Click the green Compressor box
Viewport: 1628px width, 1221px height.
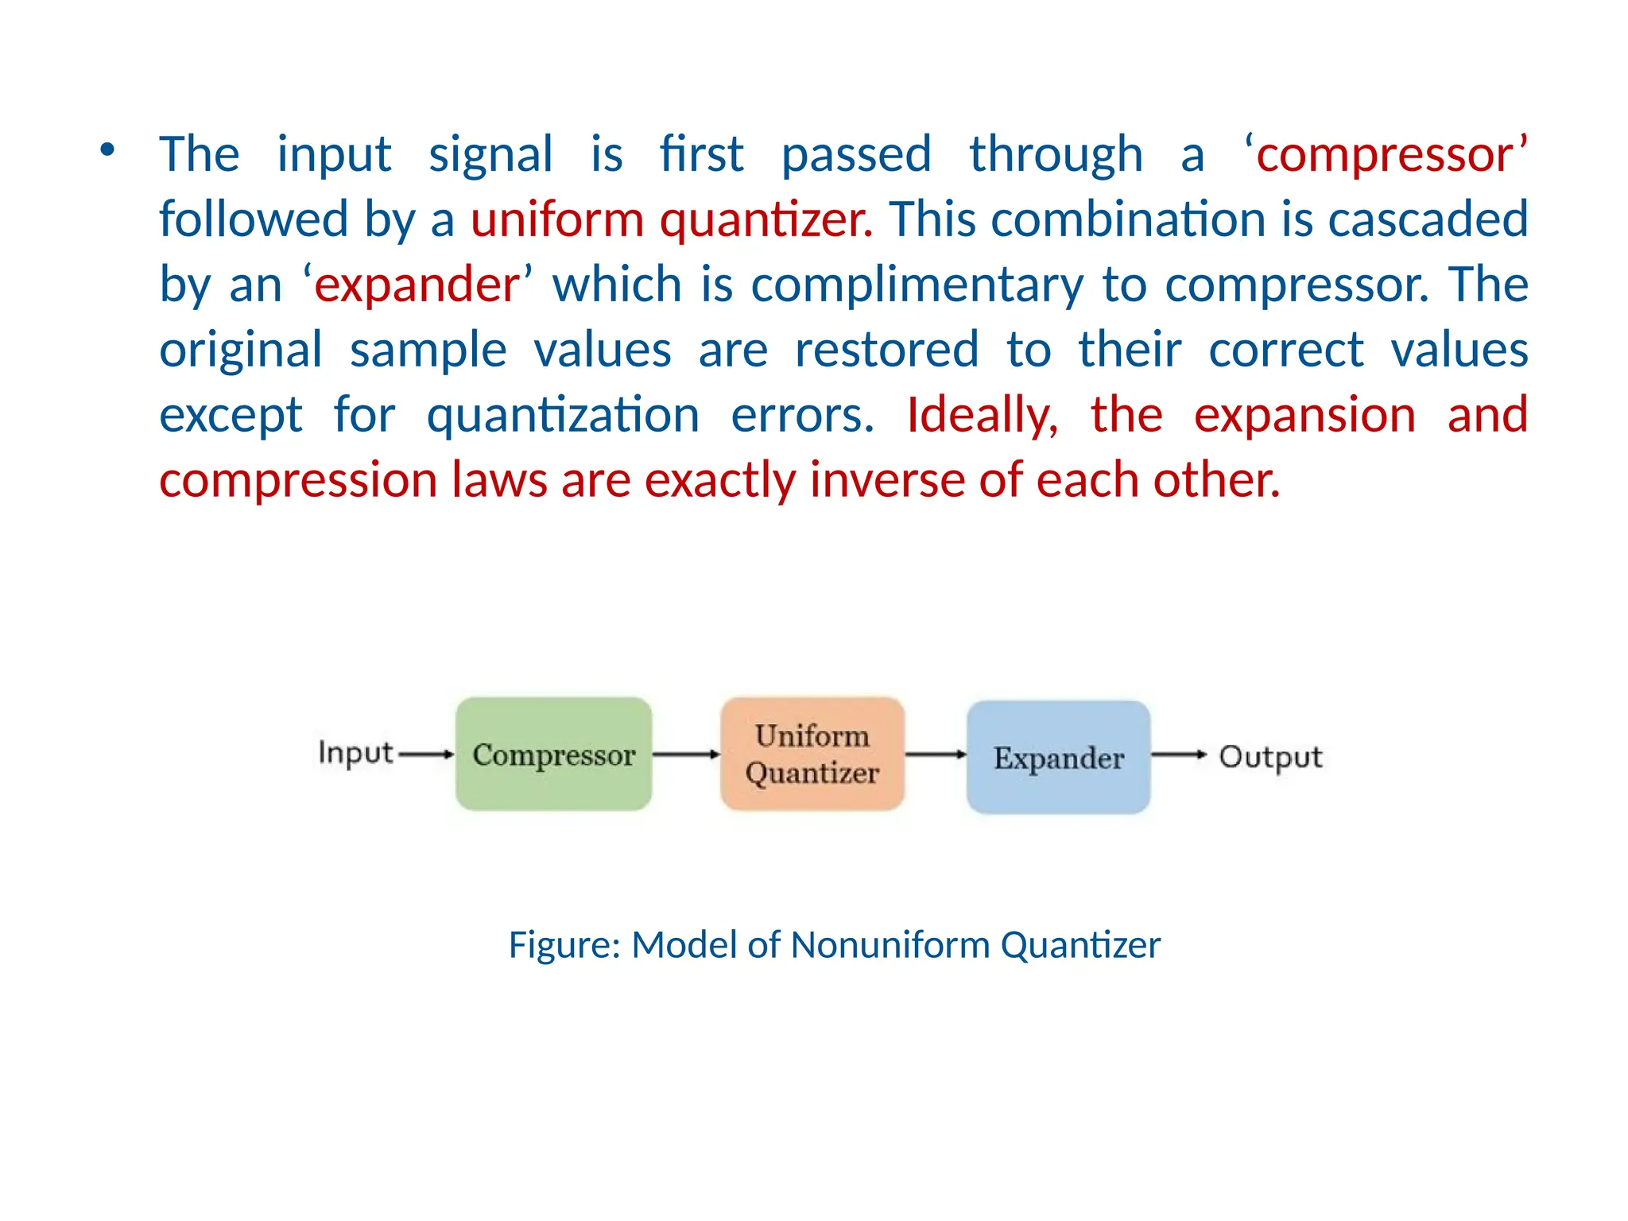(x=553, y=754)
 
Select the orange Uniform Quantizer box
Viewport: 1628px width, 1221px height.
(x=812, y=754)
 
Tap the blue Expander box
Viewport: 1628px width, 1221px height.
(x=1058, y=757)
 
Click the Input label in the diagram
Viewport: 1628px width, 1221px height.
(x=355, y=752)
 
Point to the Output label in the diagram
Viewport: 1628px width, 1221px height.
(x=1270, y=757)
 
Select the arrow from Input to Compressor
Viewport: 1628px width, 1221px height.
(x=425, y=754)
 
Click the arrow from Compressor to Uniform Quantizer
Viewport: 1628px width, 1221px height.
(x=686, y=754)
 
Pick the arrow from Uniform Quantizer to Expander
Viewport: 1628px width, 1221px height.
(x=936, y=754)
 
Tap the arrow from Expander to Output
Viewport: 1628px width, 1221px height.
(x=1179, y=754)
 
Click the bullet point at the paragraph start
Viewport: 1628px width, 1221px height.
(x=107, y=149)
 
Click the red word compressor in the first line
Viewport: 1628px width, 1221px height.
(x=1385, y=154)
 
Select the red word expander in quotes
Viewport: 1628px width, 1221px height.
(x=417, y=285)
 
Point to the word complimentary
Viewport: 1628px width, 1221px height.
(x=917, y=285)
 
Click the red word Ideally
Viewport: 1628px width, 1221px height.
(x=983, y=415)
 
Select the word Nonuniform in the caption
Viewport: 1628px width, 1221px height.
(x=890, y=945)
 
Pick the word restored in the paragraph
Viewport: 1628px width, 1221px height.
(x=886, y=350)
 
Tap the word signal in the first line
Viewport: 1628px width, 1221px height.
(x=490, y=154)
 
